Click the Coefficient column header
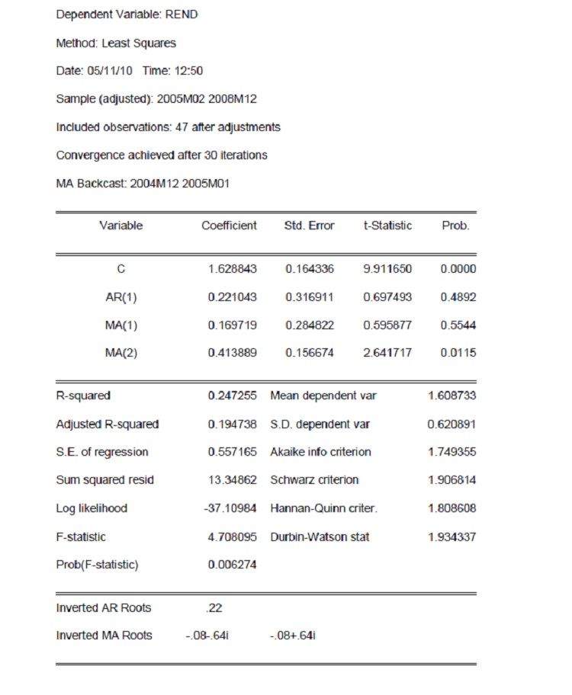[229, 226]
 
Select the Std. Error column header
[308, 226]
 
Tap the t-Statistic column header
[387, 226]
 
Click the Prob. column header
[455, 226]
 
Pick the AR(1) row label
[121, 297]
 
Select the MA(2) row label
[121, 354]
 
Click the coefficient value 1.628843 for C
[232, 269]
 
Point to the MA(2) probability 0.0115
[458, 354]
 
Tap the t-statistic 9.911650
[387, 269]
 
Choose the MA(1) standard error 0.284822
[310, 325]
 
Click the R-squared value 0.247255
[232, 396]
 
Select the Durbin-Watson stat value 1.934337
[451, 537]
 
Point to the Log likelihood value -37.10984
[230, 508]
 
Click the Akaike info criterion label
[320, 452]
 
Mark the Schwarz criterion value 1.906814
[451, 480]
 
